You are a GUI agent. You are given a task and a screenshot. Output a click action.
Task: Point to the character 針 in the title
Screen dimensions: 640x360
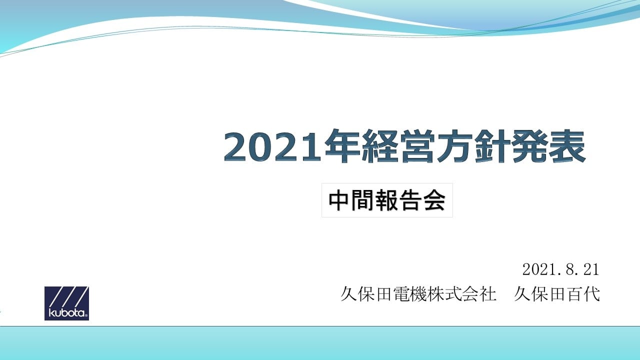[492, 146]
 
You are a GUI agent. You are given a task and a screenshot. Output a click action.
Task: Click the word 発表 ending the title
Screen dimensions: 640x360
[549, 146]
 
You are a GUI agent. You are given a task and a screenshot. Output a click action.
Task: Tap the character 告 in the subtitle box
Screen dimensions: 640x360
[410, 200]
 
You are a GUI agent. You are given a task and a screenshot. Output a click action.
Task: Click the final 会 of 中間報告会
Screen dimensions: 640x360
[434, 200]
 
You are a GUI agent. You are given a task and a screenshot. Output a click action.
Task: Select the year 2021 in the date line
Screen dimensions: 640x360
[538, 269]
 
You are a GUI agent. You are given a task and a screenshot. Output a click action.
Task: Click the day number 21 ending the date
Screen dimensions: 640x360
[591, 269]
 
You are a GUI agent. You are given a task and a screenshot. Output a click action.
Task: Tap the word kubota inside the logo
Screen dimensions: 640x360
[66, 312]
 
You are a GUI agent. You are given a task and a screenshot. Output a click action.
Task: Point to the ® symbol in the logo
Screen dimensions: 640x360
[86, 315]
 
